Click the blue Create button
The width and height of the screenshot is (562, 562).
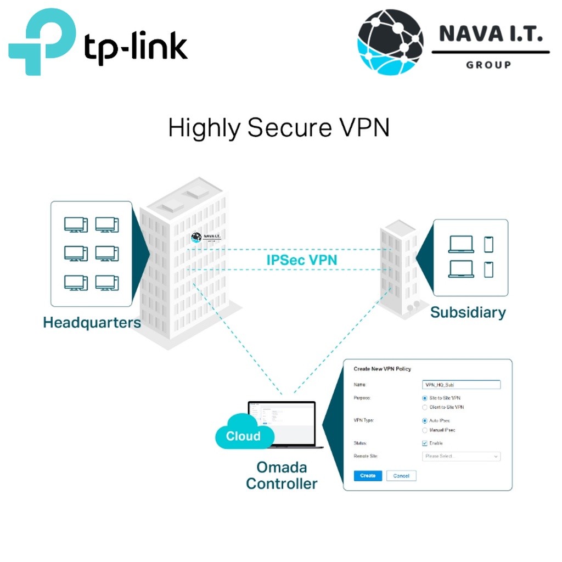click(367, 476)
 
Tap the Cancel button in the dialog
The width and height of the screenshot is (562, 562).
click(401, 476)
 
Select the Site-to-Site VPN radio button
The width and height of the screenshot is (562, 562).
click(425, 397)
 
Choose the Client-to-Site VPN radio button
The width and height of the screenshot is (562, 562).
click(425, 407)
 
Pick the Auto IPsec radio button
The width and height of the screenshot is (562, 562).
click(425, 420)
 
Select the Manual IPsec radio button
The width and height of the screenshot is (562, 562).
click(425, 430)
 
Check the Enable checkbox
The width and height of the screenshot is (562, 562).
click(425, 443)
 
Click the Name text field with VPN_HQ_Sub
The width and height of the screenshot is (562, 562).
click(461, 385)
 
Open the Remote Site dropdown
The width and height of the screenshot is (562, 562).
click(461, 456)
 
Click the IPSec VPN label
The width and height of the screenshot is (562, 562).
click(302, 260)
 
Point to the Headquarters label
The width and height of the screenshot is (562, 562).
click(92, 322)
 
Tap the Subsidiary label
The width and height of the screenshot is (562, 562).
click(468, 312)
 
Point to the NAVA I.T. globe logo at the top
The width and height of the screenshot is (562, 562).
click(391, 42)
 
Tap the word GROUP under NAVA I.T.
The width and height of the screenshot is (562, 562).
click(488, 65)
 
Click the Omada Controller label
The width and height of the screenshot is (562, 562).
click(282, 475)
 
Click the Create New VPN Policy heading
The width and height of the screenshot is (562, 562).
click(382, 369)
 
